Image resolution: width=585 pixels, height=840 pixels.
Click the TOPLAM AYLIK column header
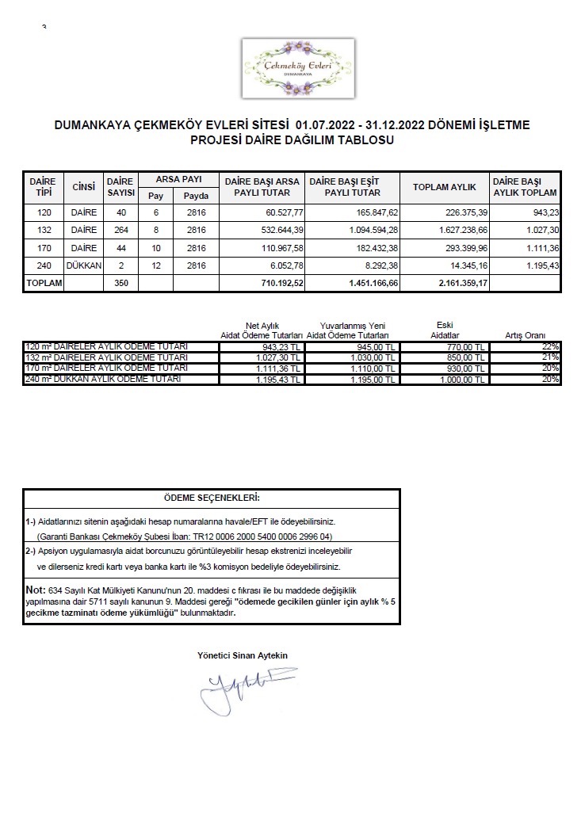[444, 187]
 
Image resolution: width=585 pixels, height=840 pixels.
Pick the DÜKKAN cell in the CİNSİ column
[83, 265]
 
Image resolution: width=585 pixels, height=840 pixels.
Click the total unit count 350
[120, 283]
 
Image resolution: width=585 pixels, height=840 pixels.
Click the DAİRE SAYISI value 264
[120, 230]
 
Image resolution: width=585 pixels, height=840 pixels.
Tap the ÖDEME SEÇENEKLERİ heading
[211, 498]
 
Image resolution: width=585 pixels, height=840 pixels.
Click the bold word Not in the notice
[36, 589]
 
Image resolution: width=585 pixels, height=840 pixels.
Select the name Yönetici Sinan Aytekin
[243, 655]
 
